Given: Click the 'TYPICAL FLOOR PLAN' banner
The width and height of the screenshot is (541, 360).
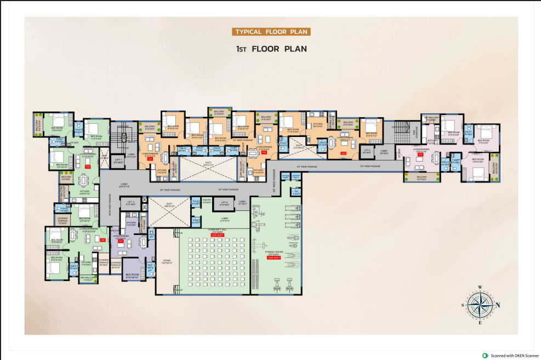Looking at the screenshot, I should pyautogui.click(x=271, y=32).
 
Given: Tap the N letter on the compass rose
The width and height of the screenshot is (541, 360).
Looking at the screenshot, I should pyautogui.click(x=498, y=305).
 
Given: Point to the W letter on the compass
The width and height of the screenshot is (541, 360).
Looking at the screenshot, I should pyautogui.click(x=479, y=287).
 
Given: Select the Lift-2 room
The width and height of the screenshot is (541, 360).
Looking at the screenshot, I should pyautogui.click(x=367, y=151).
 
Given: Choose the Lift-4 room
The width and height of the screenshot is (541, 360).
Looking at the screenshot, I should pyautogui.click(x=224, y=203).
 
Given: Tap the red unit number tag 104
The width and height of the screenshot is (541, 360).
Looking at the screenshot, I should pyautogui.click(x=420, y=155).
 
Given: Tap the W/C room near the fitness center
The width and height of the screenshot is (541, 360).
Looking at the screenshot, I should pyautogui.click(x=296, y=193).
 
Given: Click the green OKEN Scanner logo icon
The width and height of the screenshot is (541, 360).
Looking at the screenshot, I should pyautogui.click(x=484, y=355).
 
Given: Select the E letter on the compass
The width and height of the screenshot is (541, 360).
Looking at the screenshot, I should pyautogui.click(x=480, y=323).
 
